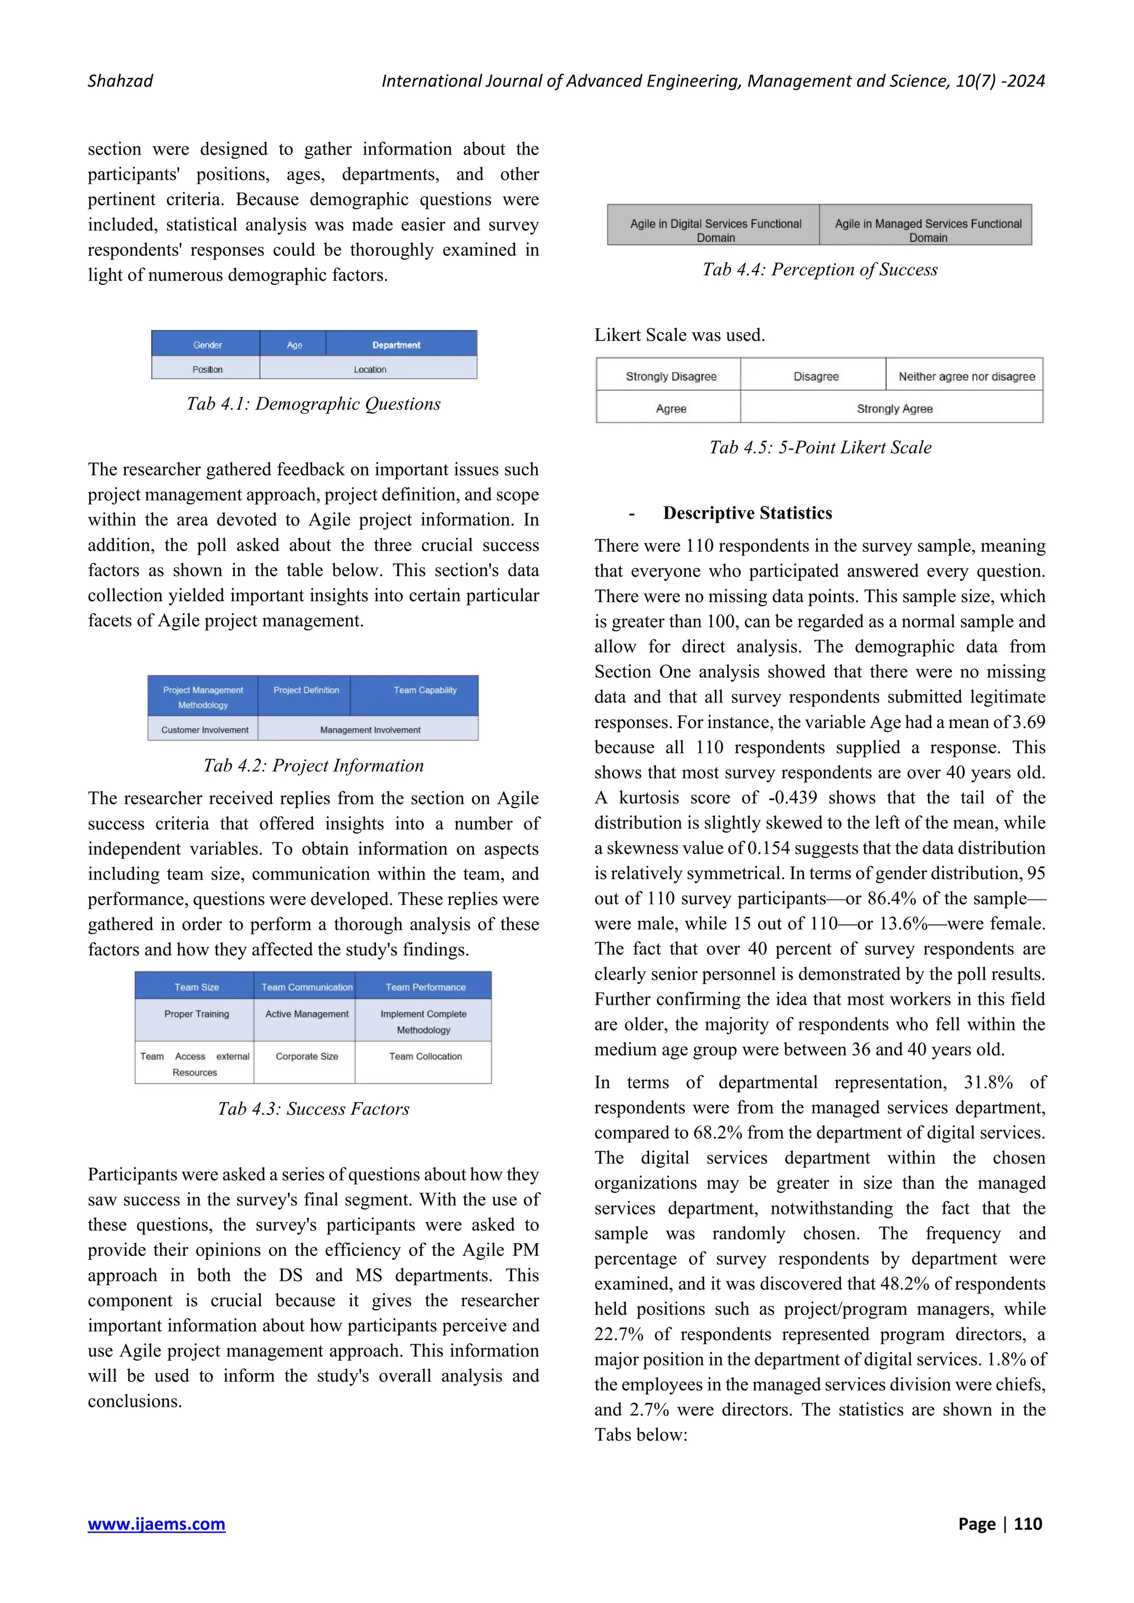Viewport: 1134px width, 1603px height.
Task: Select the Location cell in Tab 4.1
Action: (369, 369)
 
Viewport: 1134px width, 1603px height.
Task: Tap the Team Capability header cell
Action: (425, 690)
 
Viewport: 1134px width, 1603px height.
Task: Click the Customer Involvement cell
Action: (204, 730)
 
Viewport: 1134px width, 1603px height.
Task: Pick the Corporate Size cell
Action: (307, 1056)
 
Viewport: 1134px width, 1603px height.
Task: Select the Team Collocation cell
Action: (425, 1056)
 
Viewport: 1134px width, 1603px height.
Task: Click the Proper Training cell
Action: (196, 1013)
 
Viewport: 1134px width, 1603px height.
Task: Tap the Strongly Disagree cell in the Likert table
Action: (671, 376)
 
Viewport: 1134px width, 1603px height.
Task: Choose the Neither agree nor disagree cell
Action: (966, 376)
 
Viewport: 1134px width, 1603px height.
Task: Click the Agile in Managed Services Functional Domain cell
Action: (927, 230)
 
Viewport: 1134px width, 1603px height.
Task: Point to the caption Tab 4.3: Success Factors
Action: (313, 1109)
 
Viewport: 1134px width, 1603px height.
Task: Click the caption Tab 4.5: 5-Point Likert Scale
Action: (820, 448)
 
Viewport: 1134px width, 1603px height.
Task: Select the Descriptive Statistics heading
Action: (747, 513)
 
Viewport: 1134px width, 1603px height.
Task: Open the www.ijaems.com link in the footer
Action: (156, 1523)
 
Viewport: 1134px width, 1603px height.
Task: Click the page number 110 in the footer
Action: (1028, 1523)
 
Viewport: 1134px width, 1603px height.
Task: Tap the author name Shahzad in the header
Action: (120, 81)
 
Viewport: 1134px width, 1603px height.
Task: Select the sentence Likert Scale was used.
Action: (679, 335)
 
